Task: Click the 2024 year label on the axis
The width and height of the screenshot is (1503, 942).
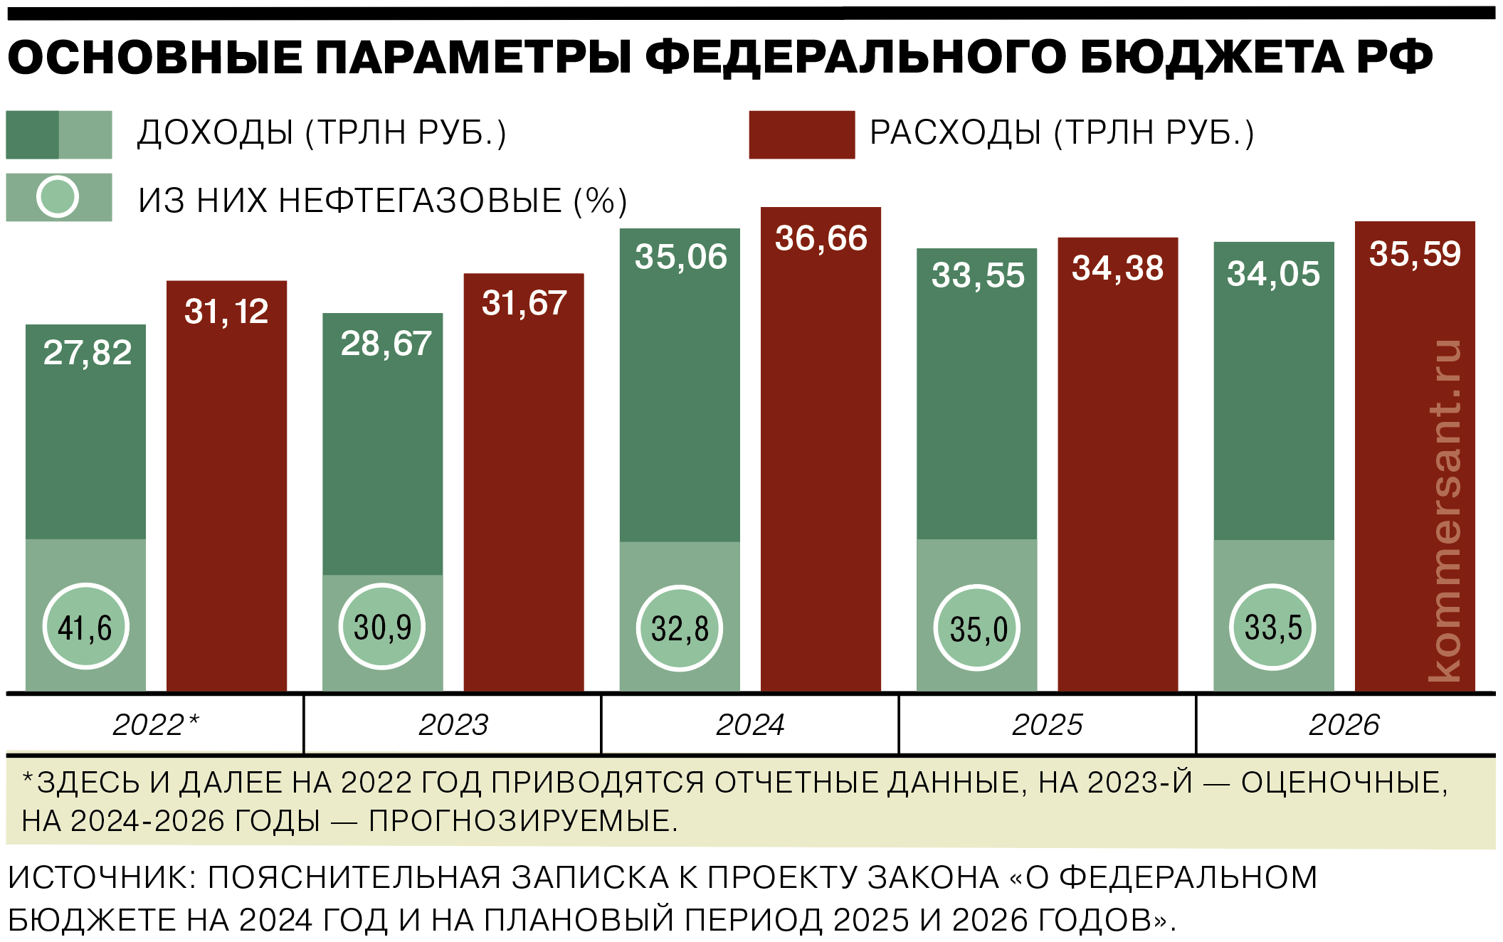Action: click(x=750, y=725)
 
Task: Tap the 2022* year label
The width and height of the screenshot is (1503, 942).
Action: click(x=156, y=725)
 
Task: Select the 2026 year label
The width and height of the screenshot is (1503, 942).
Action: click(x=1344, y=725)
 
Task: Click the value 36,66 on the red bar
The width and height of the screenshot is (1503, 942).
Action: click(x=821, y=238)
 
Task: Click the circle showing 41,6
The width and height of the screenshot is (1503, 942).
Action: click(x=85, y=627)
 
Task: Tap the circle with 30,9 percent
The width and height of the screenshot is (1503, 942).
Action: click(x=382, y=627)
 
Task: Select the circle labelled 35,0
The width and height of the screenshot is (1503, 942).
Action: click(x=977, y=628)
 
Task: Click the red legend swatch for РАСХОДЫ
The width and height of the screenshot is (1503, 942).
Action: click(x=801, y=134)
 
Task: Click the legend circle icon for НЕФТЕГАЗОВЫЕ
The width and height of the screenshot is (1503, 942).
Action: click(x=58, y=197)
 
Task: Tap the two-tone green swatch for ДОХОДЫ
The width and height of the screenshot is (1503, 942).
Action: click(x=59, y=134)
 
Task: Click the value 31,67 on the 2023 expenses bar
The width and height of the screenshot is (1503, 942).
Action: click(x=524, y=304)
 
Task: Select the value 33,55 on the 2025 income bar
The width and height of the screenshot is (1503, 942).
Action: click(x=978, y=275)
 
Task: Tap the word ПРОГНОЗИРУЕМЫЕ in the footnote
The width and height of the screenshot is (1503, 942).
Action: click(x=523, y=822)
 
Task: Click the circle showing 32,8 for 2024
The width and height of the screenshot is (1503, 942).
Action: click(x=680, y=628)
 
